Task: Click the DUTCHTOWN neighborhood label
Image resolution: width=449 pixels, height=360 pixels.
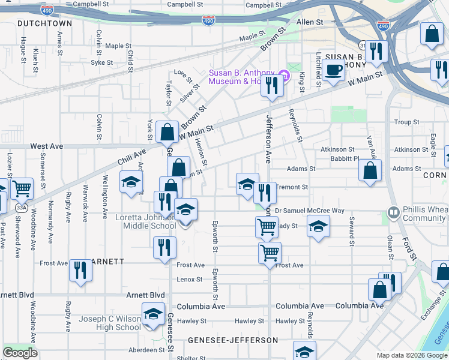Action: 45,23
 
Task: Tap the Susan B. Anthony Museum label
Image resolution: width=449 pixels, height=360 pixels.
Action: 243,77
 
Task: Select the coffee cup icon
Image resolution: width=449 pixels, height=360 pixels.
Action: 333,70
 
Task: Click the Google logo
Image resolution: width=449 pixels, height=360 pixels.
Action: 20,353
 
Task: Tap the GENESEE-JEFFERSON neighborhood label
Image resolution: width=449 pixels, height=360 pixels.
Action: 233,340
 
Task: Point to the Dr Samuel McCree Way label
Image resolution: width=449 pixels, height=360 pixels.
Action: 310,211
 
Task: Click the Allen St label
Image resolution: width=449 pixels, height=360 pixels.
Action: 310,22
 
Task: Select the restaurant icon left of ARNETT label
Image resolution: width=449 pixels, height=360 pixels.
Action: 79,270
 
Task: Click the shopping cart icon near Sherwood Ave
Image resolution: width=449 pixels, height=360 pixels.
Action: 22,188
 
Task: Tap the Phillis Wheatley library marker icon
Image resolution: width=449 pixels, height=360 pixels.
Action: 394,212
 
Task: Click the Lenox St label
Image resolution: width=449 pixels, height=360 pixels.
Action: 190,280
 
